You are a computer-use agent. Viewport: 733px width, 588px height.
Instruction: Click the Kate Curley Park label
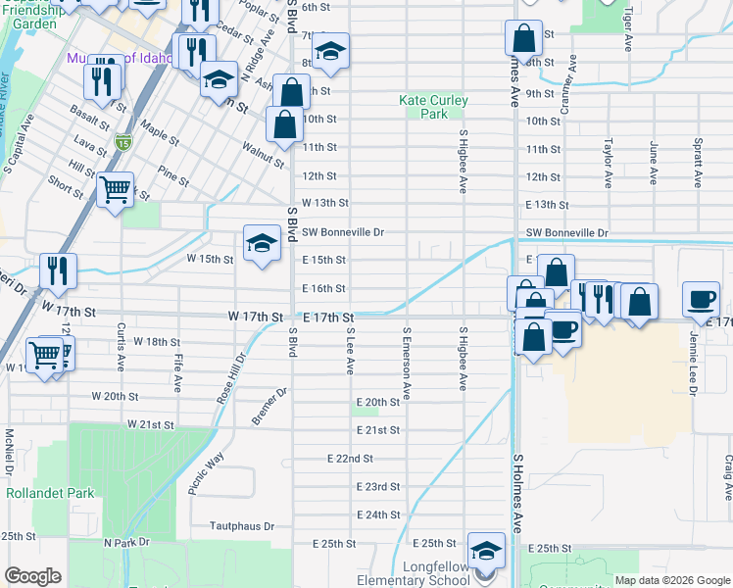433,107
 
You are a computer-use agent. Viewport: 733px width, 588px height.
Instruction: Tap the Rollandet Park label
50,493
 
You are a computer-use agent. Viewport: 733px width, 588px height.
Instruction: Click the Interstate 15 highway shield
122,142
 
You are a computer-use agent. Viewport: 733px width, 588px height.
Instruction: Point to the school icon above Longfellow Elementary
486,551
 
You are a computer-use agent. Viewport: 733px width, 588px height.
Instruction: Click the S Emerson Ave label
406,364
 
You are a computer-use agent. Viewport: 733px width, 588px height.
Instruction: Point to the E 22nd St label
350,459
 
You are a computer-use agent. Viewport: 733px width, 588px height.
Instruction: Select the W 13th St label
325,203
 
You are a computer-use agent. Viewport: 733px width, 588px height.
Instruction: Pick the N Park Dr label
125,542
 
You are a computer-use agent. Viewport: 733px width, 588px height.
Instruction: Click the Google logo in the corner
32,576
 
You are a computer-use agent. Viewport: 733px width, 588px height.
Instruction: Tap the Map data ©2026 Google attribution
673,580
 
